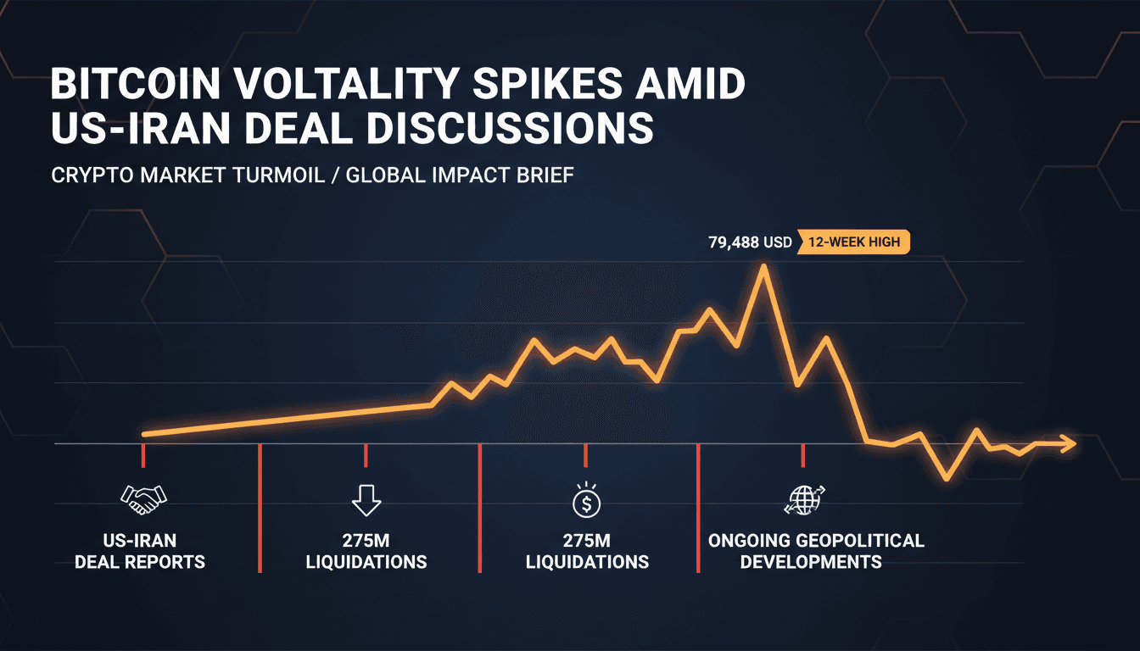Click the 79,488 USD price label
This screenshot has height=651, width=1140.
[x=750, y=242]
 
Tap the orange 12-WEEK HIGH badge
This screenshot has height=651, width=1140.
[x=853, y=242]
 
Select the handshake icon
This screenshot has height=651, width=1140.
[x=144, y=499]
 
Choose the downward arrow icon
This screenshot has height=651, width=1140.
[x=366, y=500]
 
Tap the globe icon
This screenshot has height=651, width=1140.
[x=804, y=499]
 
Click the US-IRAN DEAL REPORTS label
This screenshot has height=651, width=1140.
[x=140, y=551]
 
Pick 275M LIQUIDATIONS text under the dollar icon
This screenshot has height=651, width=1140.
[x=587, y=551]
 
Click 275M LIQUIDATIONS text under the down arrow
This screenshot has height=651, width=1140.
[x=366, y=551]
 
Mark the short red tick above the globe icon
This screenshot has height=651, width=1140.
[x=803, y=455]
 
